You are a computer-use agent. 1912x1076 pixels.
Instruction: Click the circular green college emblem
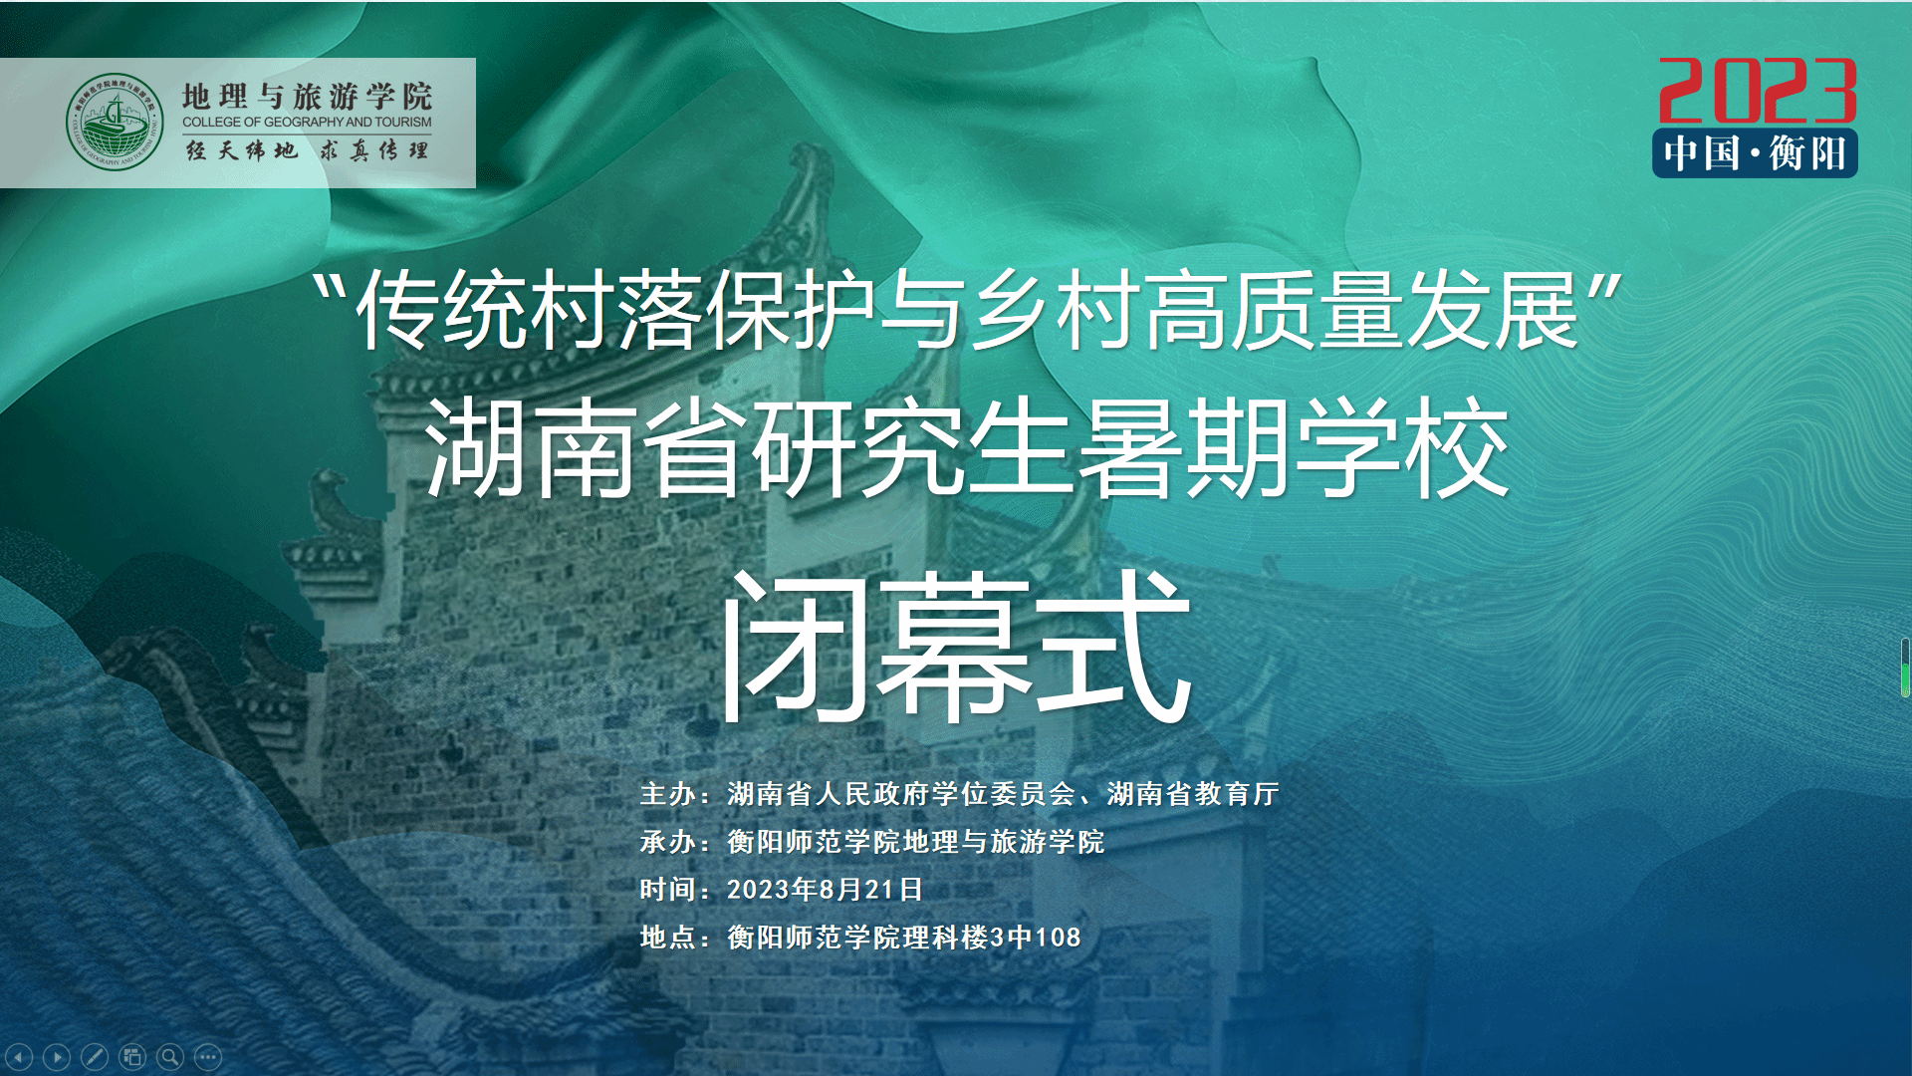[x=115, y=122]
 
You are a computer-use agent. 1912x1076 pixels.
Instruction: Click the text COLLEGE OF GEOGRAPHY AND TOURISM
[x=307, y=123]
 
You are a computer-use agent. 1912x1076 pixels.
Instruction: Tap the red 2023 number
[x=1758, y=91]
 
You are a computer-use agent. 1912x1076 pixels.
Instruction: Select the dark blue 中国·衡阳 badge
[x=1755, y=153]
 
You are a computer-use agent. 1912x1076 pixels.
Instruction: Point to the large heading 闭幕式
[x=956, y=646]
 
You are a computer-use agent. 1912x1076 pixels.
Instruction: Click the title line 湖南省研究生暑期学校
[x=967, y=447]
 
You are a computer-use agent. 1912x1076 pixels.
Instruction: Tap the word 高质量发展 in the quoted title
[x=1362, y=310]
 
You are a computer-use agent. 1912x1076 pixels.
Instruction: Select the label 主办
[x=667, y=794]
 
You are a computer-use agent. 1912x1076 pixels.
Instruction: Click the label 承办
[x=667, y=842]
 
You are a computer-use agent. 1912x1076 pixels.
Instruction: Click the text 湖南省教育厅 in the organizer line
[x=1193, y=794]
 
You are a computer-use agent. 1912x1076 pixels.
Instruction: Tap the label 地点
[x=667, y=938]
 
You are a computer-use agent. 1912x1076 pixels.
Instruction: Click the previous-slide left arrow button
[x=19, y=1056]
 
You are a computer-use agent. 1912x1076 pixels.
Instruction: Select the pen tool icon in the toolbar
[x=95, y=1056]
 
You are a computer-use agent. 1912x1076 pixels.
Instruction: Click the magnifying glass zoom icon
[x=170, y=1056]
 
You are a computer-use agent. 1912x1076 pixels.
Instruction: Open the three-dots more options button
[x=208, y=1056]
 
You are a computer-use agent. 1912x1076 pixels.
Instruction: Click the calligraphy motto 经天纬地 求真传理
[x=307, y=150]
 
